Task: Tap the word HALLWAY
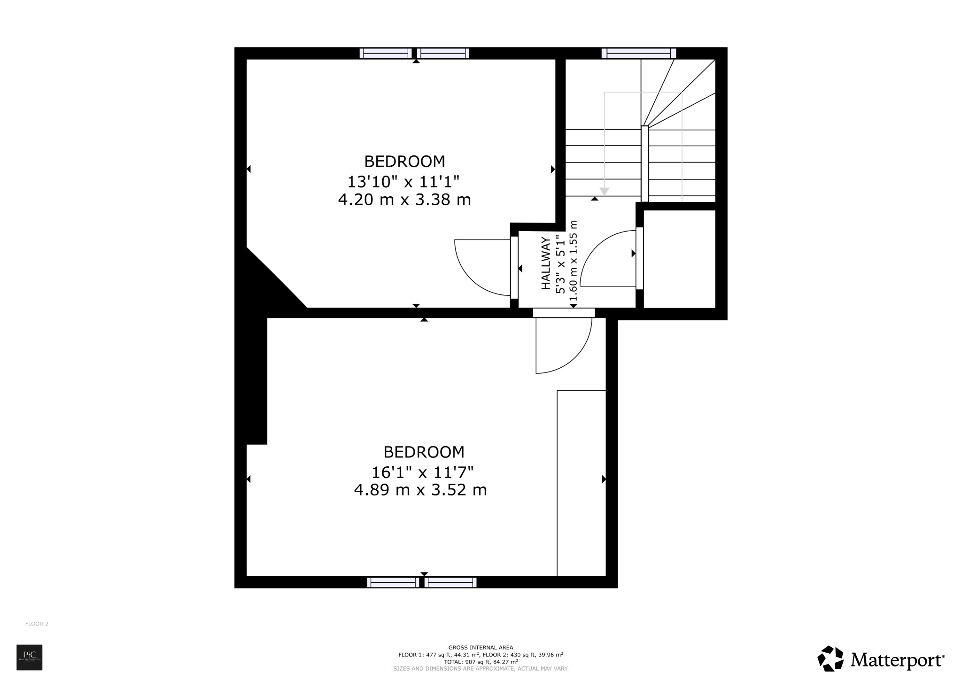point(546,263)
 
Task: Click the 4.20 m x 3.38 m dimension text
point(404,200)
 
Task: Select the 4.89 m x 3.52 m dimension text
point(420,490)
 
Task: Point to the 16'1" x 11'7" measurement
point(422,471)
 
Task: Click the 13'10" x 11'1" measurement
point(403,181)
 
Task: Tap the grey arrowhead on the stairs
point(605,192)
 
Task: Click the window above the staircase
point(638,53)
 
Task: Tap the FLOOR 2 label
point(37,624)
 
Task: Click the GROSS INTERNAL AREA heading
point(481,648)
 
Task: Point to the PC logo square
point(30,657)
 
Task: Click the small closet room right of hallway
point(679,259)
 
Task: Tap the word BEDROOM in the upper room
point(404,162)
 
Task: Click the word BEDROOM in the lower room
point(424,452)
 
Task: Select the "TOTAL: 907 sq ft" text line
point(481,661)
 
